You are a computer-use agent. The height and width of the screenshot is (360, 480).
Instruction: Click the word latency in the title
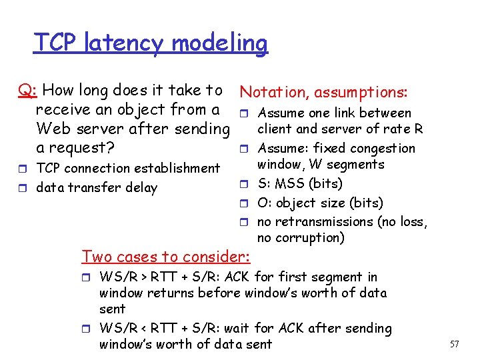(x=124, y=43)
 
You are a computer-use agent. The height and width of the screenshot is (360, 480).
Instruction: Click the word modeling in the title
(x=219, y=44)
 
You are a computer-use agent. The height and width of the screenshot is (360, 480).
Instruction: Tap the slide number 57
(x=455, y=344)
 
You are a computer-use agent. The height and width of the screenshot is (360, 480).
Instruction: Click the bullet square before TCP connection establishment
(x=23, y=169)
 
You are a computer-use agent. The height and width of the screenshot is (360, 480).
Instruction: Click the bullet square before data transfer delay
(x=23, y=188)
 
